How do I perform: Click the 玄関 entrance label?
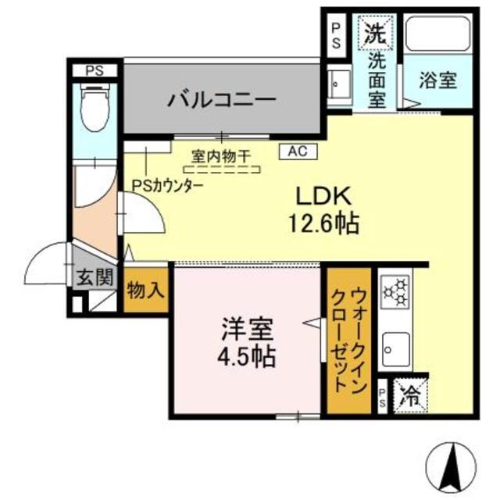tap(95, 277)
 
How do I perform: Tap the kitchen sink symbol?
tap(397, 345)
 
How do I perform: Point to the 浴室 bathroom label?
tap(437, 80)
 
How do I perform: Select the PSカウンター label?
tap(167, 186)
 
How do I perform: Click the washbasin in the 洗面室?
tap(339, 82)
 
